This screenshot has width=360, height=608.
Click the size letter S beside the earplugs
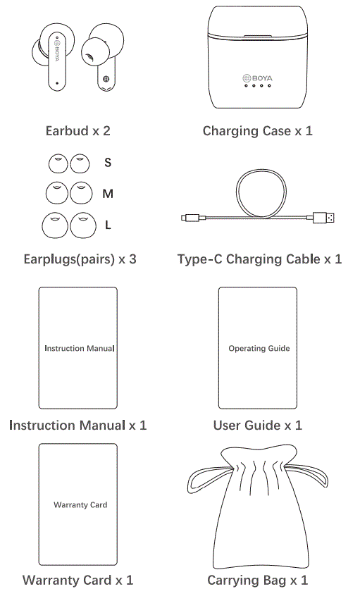click(x=108, y=163)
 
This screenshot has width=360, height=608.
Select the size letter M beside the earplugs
click(x=108, y=194)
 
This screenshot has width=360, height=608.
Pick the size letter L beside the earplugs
click(x=108, y=225)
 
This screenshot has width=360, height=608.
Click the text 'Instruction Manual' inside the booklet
click(x=79, y=348)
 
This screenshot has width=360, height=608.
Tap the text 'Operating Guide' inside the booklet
click(x=259, y=348)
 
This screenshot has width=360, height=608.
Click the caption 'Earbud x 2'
click(x=77, y=130)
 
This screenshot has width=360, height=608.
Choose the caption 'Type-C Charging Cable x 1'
click(x=259, y=259)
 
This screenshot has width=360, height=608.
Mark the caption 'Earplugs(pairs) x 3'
click(x=80, y=259)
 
